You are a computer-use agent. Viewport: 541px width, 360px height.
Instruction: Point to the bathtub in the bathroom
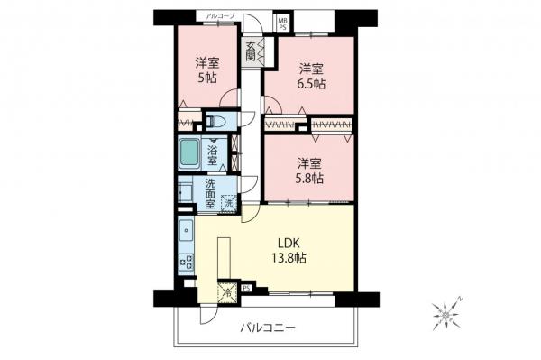189,154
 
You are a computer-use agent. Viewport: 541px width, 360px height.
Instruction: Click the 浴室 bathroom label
214,154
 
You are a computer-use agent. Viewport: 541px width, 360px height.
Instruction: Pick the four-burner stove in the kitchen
185,263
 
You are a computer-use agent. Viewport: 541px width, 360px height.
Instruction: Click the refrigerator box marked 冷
228,291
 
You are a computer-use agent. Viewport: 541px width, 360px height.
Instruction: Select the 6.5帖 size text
311,83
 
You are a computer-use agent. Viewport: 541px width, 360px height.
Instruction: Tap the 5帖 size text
207,78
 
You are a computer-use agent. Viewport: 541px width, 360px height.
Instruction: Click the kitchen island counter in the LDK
225,257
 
